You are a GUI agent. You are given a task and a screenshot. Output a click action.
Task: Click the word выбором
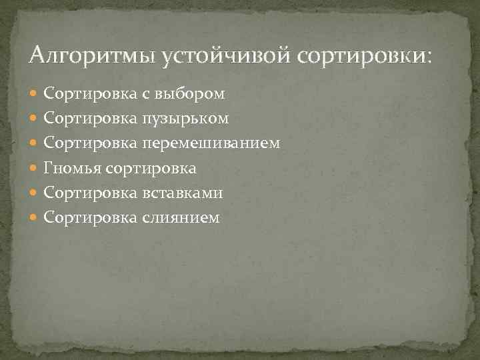coord(189,94)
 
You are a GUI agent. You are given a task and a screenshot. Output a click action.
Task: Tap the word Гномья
coord(71,168)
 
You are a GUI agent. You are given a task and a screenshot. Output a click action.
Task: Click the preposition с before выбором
coord(145,95)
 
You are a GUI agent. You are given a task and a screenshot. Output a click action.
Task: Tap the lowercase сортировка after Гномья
coord(150,168)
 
